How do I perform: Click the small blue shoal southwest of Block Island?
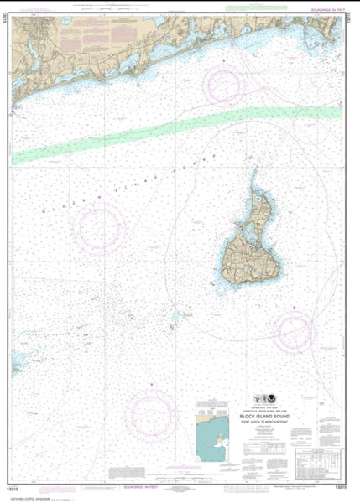(x=175, y=319)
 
